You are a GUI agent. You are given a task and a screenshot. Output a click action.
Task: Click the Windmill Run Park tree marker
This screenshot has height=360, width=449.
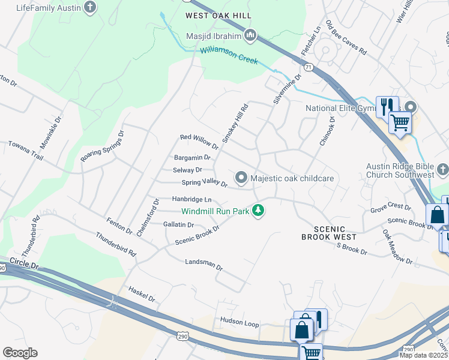tap(258, 210)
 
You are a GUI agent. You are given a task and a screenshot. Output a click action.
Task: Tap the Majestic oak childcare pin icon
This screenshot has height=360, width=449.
tap(241, 178)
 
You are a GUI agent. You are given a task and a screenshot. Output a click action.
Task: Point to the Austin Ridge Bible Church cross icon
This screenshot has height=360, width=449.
tap(442, 170)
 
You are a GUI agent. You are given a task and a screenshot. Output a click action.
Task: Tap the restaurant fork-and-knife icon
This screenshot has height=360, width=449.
tap(386, 106)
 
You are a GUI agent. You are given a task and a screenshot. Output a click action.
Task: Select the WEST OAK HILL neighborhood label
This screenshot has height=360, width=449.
tap(218, 15)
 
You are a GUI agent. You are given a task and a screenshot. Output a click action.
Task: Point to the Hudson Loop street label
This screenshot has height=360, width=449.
tap(240, 323)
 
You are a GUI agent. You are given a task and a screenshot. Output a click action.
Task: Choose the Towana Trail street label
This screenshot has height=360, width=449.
tap(25, 150)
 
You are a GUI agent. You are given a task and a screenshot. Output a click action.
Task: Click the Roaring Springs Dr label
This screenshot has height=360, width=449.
tap(102, 146)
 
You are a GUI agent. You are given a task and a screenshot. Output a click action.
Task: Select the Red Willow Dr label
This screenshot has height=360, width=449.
tap(199, 142)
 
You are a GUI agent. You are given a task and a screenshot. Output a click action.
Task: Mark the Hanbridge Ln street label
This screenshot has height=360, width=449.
tap(192, 199)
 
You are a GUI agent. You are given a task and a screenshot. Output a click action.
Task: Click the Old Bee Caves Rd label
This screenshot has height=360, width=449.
tap(346, 38)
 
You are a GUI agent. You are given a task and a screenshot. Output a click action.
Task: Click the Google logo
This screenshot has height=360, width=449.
tap(20, 353)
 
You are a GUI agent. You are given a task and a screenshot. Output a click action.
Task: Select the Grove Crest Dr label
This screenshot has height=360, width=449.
tap(391, 208)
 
